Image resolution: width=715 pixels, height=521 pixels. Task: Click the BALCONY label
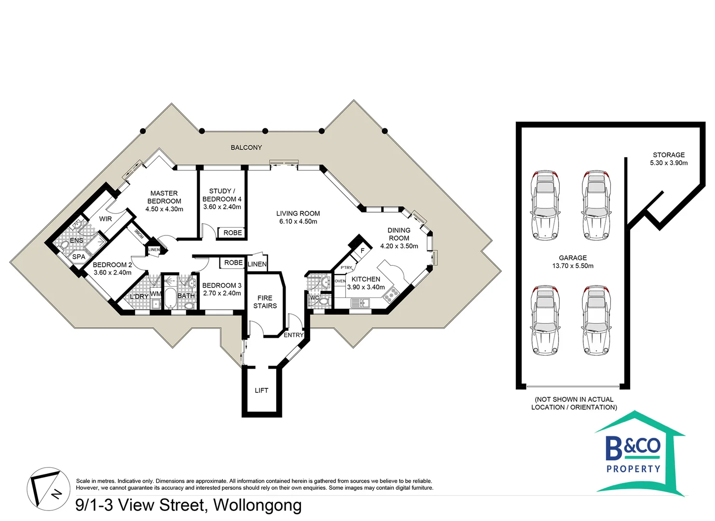tap(246, 148)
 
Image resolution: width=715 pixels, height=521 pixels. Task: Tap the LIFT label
tap(261, 390)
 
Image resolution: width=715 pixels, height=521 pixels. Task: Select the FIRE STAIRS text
tap(265, 302)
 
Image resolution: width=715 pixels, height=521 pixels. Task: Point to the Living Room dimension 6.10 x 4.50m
tap(298, 221)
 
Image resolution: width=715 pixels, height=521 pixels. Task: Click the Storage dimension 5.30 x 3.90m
tap(669, 163)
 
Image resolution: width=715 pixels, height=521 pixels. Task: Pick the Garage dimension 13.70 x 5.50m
tap(573, 266)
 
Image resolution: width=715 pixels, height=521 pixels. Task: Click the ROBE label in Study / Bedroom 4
tap(232, 233)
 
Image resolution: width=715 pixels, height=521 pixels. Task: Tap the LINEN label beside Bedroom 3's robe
tap(257, 264)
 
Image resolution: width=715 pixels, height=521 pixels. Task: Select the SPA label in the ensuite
tap(79, 257)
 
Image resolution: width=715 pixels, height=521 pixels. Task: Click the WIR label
tap(106, 219)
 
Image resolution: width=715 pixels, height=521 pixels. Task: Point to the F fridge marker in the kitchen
tap(363, 251)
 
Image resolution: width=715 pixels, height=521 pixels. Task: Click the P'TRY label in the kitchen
tap(346, 267)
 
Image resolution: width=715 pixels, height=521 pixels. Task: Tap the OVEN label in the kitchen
tap(340, 281)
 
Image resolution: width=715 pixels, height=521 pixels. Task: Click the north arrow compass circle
tap(49, 489)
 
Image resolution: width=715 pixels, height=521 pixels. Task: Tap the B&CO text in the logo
tap(633, 448)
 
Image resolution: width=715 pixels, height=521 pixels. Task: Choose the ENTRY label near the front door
tap(293, 335)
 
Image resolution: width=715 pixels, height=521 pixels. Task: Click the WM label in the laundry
tap(155, 293)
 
